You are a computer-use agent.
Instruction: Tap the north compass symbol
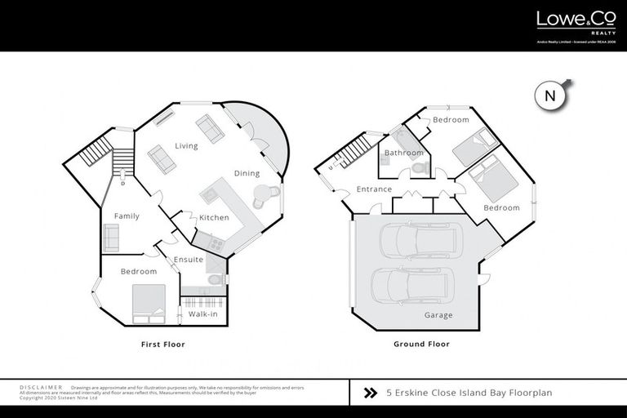(550, 96)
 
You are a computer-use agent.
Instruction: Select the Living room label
(187, 146)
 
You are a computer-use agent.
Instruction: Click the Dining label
(247, 173)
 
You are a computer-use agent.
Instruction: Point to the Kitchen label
(214, 218)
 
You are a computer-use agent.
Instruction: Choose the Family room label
(127, 216)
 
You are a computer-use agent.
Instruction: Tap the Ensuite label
(189, 260)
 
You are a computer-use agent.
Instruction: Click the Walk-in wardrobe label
(202, 313)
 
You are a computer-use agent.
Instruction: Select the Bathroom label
(404, 153)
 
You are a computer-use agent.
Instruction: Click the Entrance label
(375, 189)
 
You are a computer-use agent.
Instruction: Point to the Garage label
(438, 315)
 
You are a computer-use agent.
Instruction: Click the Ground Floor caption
(421, 345)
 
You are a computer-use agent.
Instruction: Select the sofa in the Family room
(111, 237)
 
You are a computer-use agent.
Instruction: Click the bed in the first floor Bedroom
(149, 303)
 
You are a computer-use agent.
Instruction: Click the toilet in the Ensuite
(215, 279)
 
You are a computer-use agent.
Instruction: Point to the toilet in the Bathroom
(419, 167)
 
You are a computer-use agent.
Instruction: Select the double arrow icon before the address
(369, 393)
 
